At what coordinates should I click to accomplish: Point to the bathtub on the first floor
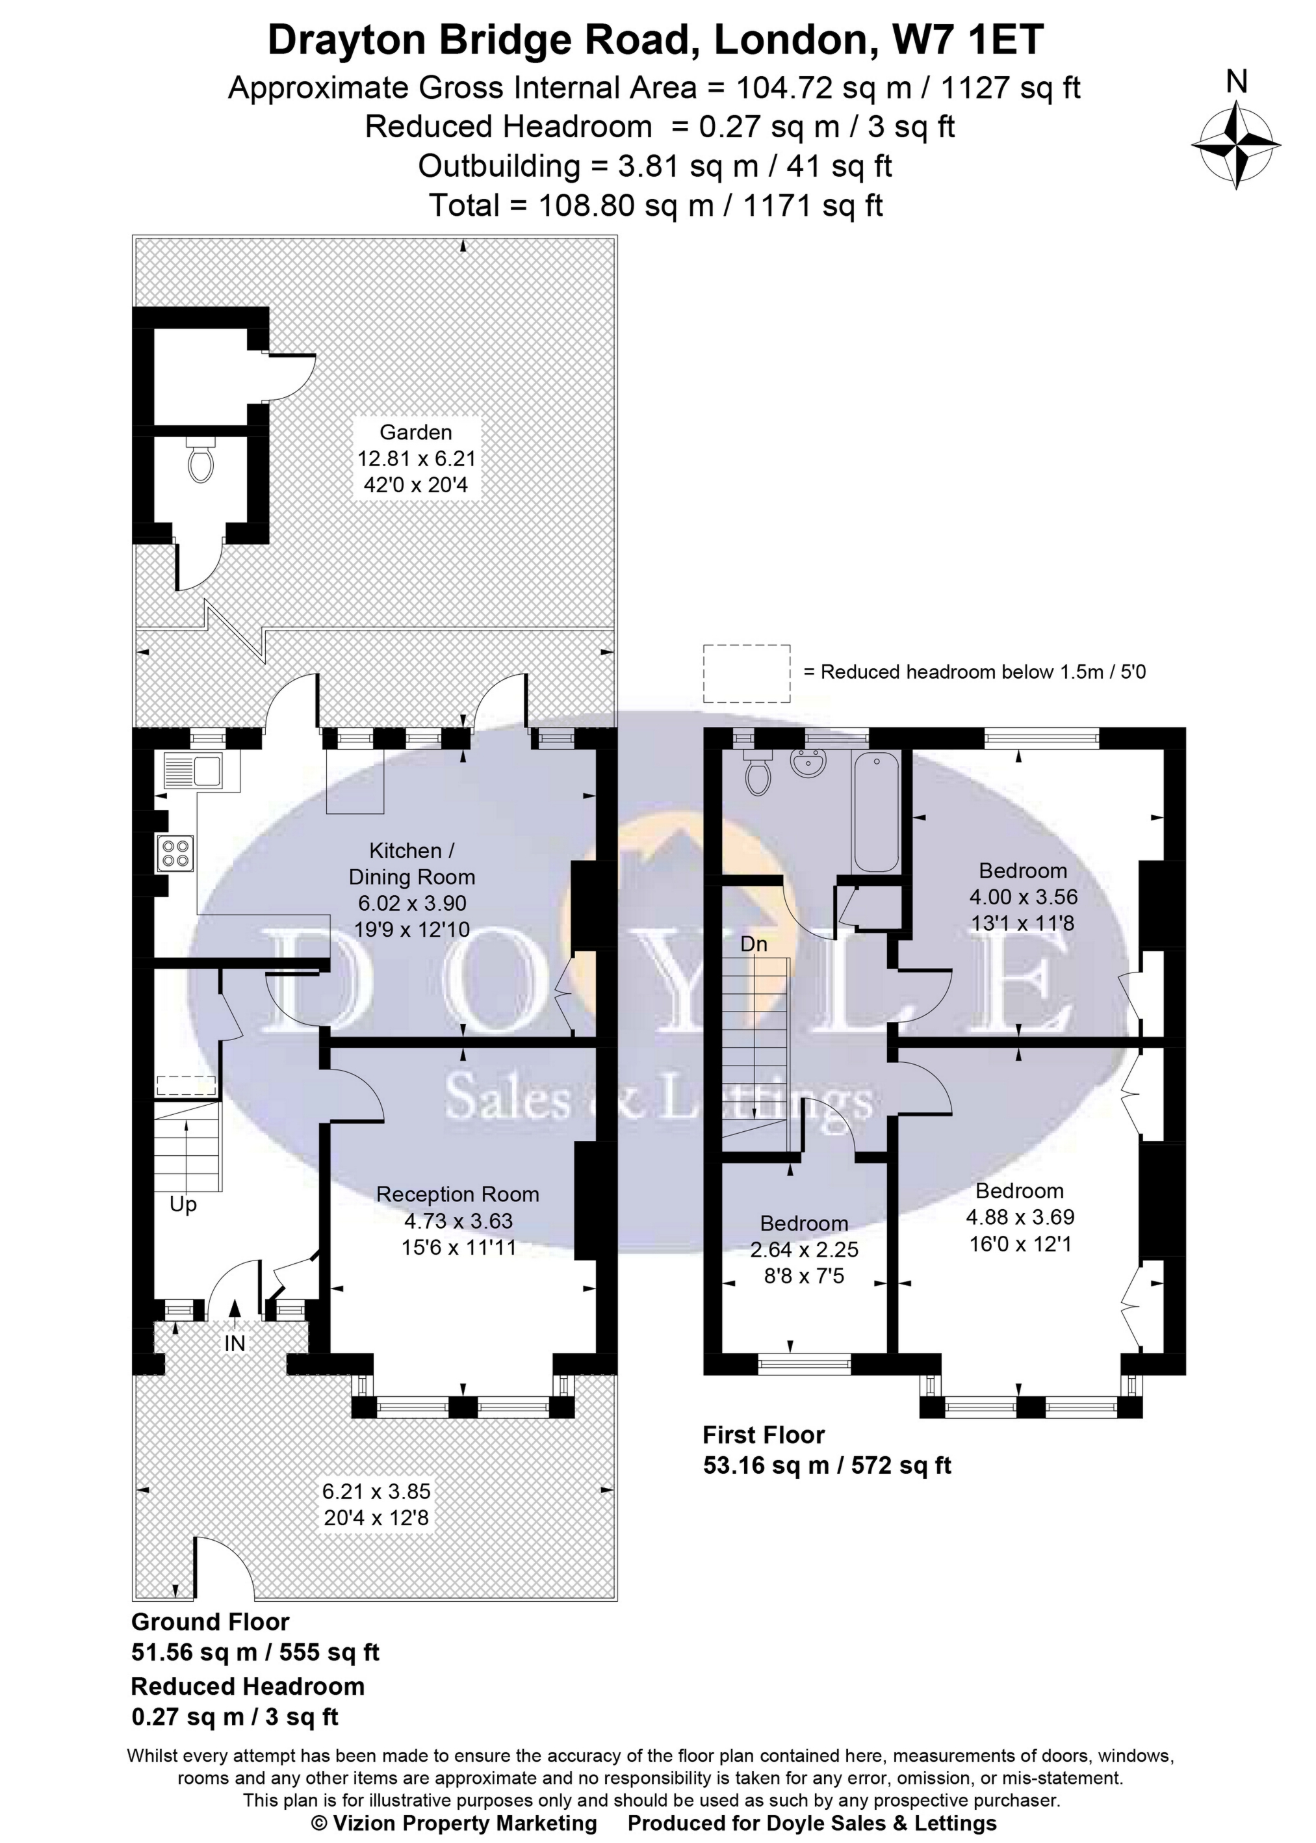(875, 812)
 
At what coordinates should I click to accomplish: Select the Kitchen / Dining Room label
(411, 863)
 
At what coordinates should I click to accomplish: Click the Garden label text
(416, 432)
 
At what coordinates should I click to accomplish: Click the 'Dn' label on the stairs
(754, 944)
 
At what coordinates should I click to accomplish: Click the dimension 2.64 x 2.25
(804, 1249)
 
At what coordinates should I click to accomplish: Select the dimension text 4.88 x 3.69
(1020, 1216)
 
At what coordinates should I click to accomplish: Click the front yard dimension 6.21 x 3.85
(376, 1491)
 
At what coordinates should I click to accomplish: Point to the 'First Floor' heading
(764, 1435)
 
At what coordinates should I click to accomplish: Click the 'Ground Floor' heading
(210, 1622)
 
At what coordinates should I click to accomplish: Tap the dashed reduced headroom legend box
(746, 673)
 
